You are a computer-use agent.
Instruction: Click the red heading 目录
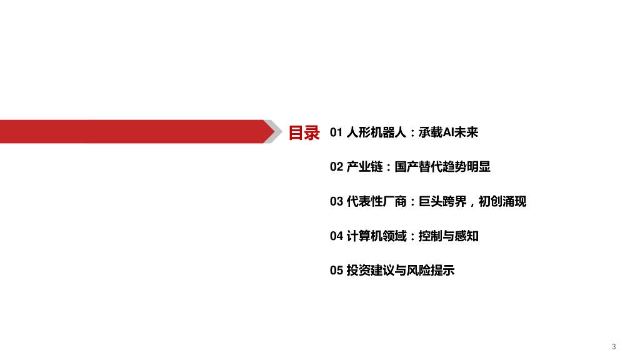pyautogui.click(x=304, y=132)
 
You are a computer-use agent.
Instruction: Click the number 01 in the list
pyautogui.click(x=336, y=132)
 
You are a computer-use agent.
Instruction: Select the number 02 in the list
pyautogui.click(x=336, y=167)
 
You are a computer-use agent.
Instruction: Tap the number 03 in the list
pyautogui.click(x=336, y=201)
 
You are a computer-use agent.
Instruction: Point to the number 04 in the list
pyautogui.click(x=336, y=236)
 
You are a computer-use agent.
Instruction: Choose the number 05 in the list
pyautogui.click(x=336, y=271)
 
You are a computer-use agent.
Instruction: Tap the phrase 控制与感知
pyautogui.click(x=449, y=236)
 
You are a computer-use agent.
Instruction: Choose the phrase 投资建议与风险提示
pyautogui.click(x=401, y=271)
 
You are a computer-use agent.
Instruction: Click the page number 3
pyautogui.click(x=614, y=346)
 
